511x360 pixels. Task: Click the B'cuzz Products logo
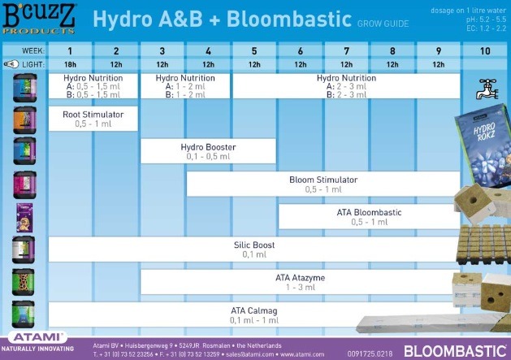(x=39, y=18)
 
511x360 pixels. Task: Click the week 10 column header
(x=485, y=50)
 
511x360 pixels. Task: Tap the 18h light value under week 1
(x=70, y=64)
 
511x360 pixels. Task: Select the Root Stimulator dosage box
(x=93, y=119)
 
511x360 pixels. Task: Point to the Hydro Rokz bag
(x=484, y=142)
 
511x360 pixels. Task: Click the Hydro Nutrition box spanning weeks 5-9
(x=346, y=85)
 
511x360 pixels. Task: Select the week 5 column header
(x=254, y=50)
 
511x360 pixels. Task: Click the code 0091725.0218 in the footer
(x=370, y=353)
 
